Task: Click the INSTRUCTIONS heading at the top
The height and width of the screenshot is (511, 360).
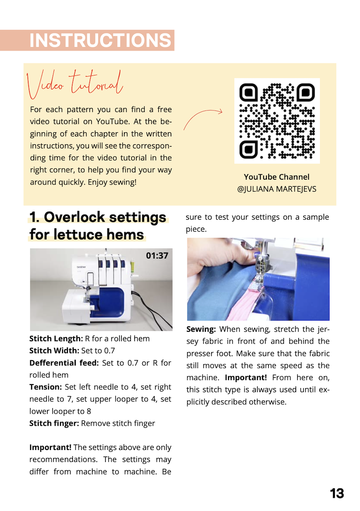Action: pos(100,40)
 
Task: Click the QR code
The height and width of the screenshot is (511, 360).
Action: pos(277,121)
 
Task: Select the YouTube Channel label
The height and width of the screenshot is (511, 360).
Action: pos(276,177)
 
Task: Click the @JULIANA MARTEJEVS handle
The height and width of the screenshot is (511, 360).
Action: pos(276,189)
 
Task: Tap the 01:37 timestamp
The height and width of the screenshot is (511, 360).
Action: pos(157,255)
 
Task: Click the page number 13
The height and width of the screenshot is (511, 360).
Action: pos(337,493)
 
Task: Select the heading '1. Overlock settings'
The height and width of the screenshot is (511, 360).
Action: pos(98,217)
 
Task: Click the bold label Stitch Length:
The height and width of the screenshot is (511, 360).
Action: pos(56,339)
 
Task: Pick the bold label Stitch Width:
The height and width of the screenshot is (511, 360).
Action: pos(55,351)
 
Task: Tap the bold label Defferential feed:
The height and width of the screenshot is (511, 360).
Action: pos(64,363)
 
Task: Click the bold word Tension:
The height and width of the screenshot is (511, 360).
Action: pos(45,387)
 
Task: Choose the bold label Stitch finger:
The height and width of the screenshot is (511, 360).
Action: pos(54,423)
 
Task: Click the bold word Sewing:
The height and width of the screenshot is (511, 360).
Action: pos(201,329)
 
